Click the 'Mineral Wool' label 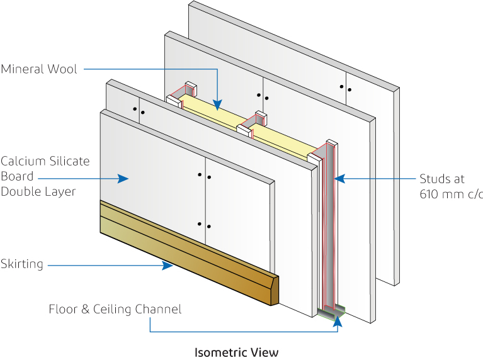tap(39, 69)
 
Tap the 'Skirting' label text tap(22, 264)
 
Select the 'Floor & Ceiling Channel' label tap(115, 309)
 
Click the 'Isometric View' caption tap(236, 352)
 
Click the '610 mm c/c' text tap(451, 194)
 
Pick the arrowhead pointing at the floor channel tap(339, 320)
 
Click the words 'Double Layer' tap(38, 191)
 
